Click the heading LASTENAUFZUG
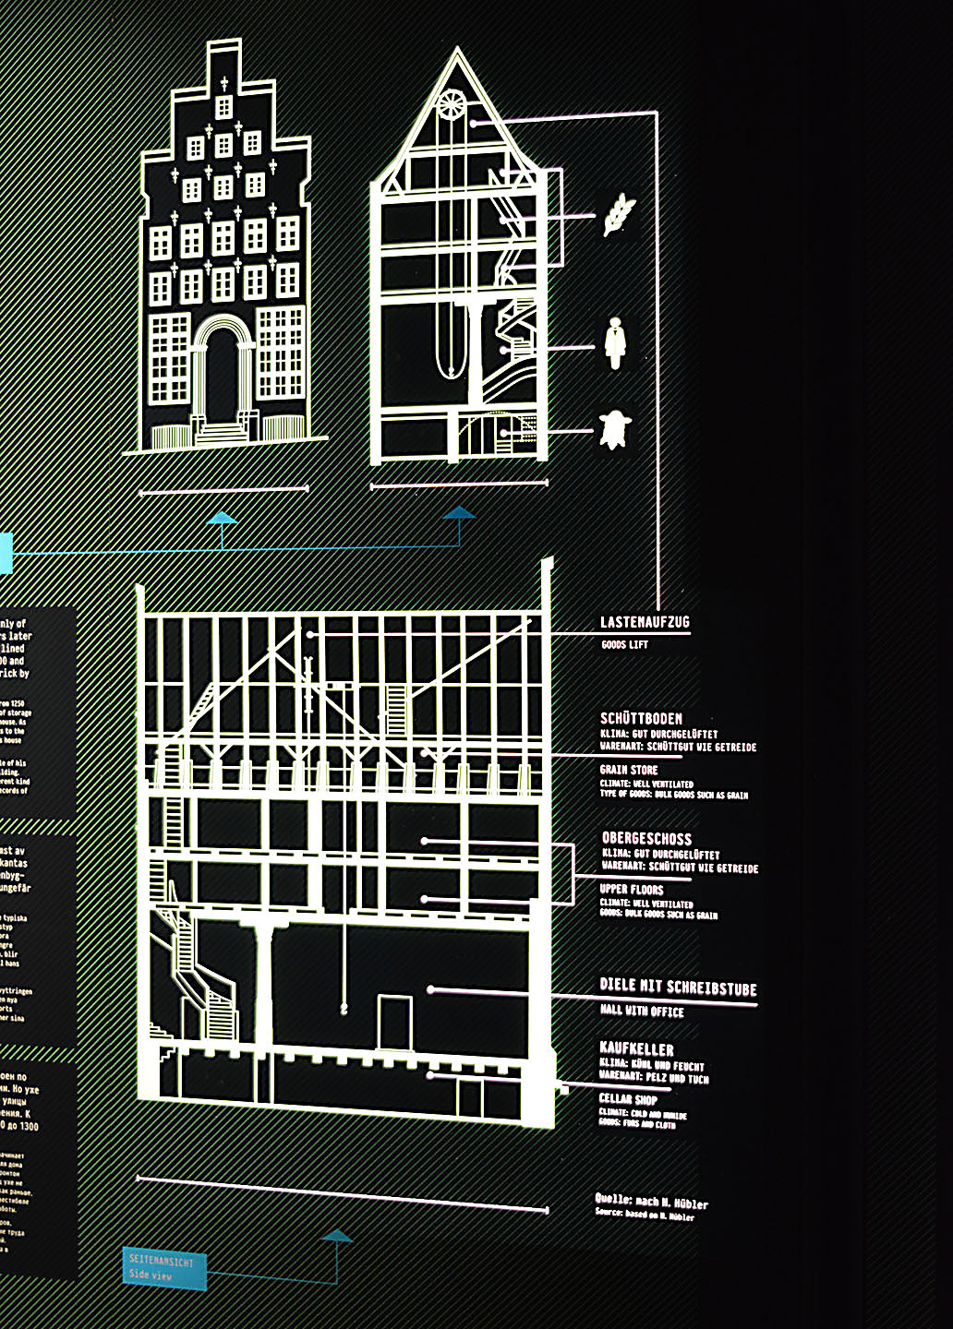tap(645, 623)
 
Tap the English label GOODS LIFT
tap(624, 644)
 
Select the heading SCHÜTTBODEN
tap(641, 719)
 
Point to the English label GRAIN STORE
tap(629, 770)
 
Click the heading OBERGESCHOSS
tap(646, 839)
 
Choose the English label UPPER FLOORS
tap(632, 890)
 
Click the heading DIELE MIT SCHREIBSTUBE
tap(678, 987)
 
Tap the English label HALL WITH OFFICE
tap(642, 1012)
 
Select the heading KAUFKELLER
tap(636, 1049)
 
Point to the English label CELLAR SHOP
tap(628, 1099)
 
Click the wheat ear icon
tap(617, 214)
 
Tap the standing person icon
tap(615, 342)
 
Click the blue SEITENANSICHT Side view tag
tap(163, 1268)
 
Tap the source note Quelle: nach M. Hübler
tap(651, 1203)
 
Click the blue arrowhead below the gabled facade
tap(222, 519)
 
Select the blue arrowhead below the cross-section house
tap(459, 513)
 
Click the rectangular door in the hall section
tap(394, 1022)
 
